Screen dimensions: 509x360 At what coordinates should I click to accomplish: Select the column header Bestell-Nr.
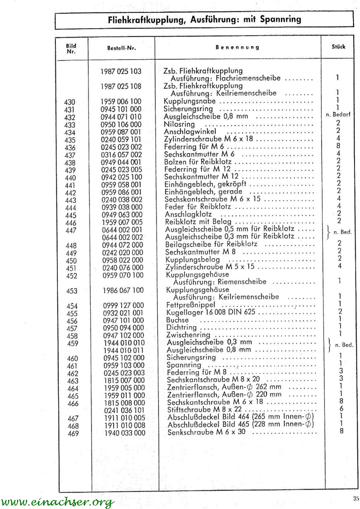click(121, 48)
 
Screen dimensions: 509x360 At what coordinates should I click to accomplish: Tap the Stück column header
click(338, 47)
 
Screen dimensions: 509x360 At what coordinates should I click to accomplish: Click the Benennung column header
click(237, 47)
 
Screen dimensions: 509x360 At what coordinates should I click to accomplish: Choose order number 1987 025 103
click(121, 71)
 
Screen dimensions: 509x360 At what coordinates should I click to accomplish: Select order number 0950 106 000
click(121, 124)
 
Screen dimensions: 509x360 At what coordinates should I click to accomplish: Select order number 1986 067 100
click(123, 290)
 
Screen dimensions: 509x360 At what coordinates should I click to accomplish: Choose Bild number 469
click(72, 433)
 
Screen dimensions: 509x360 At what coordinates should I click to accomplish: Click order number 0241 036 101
click(124, 410)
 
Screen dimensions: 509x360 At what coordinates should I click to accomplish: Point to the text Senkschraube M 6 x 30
click(207, 432)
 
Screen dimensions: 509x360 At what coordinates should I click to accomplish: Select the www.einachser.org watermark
click(57, 502)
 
